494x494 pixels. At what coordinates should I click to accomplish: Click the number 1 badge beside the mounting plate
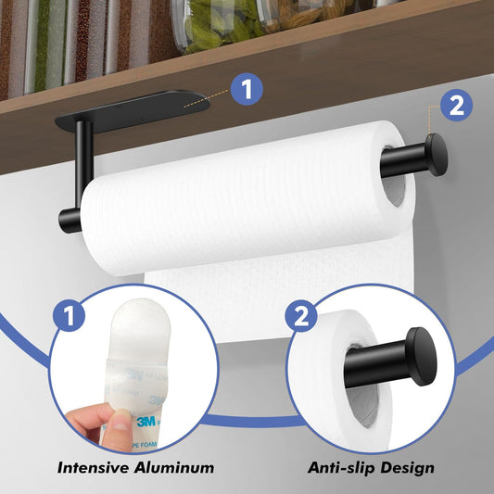tap(245, 90)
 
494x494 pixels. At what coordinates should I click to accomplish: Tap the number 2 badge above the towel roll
tap(455, 106)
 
